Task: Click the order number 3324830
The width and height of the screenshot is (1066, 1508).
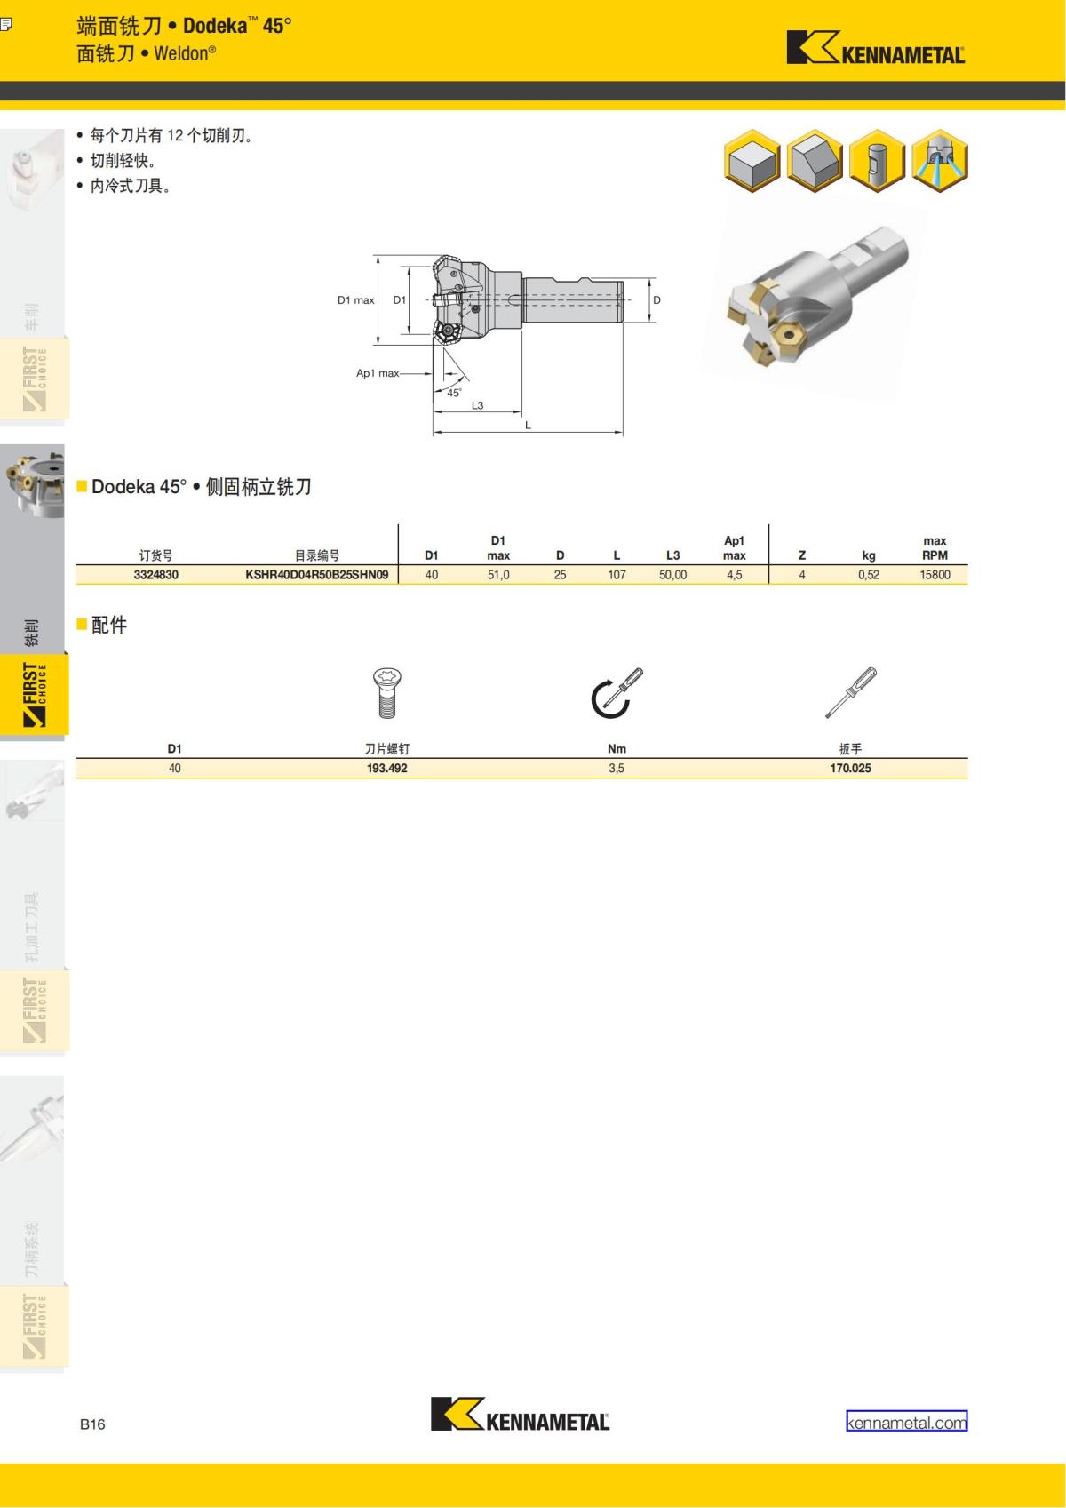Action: tap(155, 575)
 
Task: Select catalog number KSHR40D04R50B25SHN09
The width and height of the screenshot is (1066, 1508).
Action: tap(316, 575)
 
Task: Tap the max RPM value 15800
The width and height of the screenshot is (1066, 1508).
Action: tap(935, 575)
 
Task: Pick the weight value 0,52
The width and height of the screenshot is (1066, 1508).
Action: tap(868, 575)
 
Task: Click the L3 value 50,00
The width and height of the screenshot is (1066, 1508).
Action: tap(672, 575)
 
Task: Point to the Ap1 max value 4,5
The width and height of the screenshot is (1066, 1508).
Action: tap(734, 575)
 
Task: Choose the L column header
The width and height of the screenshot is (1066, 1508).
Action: tap(617, 555)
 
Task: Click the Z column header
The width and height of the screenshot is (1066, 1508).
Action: tap(801, 555)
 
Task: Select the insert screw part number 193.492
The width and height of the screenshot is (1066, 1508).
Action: tap(386, 768)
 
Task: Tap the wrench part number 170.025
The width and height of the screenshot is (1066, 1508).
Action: tap(850, 768)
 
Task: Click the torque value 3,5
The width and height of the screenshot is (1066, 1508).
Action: tap(616, 768)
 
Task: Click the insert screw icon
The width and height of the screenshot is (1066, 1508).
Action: tap(387, 693)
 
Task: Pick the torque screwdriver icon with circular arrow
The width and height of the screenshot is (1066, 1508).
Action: tap(617, 693)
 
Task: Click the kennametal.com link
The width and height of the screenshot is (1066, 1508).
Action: tap(906, 1423)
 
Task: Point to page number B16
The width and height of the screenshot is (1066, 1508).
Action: tap(92, 1424)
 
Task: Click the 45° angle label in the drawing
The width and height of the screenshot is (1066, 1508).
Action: tap(454, 393)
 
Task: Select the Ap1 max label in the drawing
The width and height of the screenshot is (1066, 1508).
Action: tap(378, 373)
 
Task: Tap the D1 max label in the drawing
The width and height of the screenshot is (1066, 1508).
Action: tap(355, 300)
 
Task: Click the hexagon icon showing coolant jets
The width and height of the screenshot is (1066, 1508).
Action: tap(940, 161)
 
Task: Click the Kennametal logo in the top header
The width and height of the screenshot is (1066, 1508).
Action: tap(876, 48)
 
